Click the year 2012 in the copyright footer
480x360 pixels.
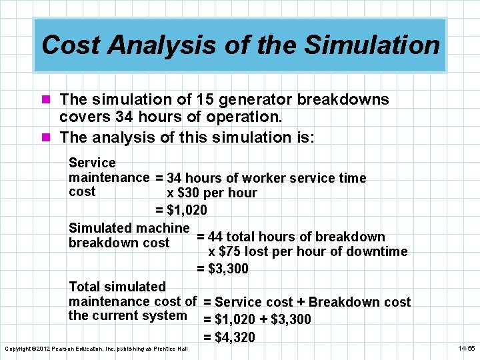pyautogui.click(x=43, y=349)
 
